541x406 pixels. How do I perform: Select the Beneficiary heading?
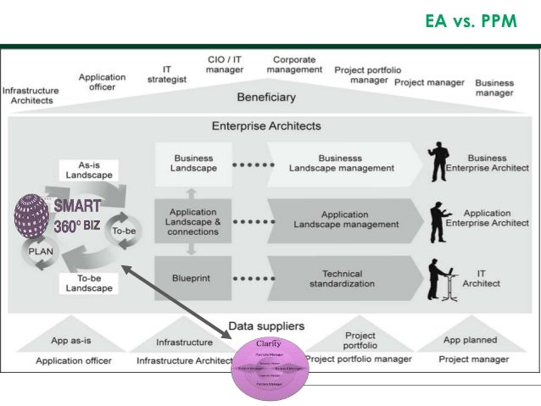coord(266,97)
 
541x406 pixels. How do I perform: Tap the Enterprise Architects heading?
coord(266,126)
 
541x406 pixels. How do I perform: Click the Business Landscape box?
coord(193,163)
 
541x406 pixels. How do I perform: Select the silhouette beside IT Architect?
coord(440,275)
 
